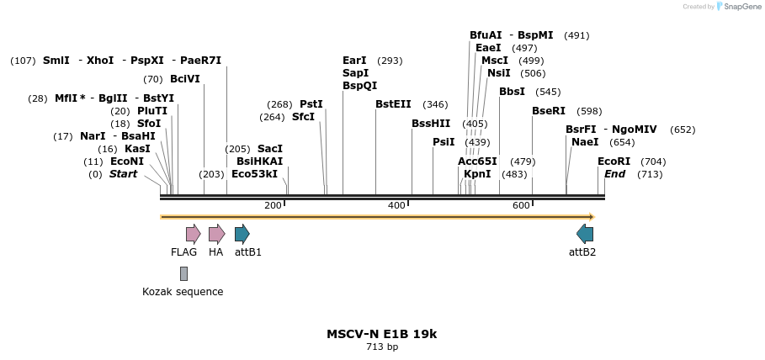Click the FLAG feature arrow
pyautogui.click(x=193, y=234)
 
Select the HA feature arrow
pyautogui.click(x=216, y=234)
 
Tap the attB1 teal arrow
pyautogui.click(x=242, y=234)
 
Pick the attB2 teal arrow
pyautogui.click(x=585, y=234)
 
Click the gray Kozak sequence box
pyautogui.click(x=183, y=273)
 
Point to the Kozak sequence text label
pyautogui.click(x=183, y=292)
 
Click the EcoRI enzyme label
pyautogui.click(x=614, y=161)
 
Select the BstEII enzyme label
pyautogui.click(x=393, y=104)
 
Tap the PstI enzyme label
pyautogui.click(x=311, y=104)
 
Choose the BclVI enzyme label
pyautogui.click(x=184, y=79)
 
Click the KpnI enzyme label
pyautogui.click(x=477, y=174)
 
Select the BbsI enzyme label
pyautogui.click(x=512, y=92)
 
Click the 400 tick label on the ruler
pyautogui.click(x=396, y=206)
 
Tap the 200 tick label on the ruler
pyautogui.click(x=273, y=206)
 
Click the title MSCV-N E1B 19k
pyautogui.click(x=381, y=334)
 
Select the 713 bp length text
pyautogui.click(x=382, y=347)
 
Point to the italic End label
pyautogui.click(x=614, y=174)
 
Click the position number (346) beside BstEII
pyautogui.click(x=435, y=104)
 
